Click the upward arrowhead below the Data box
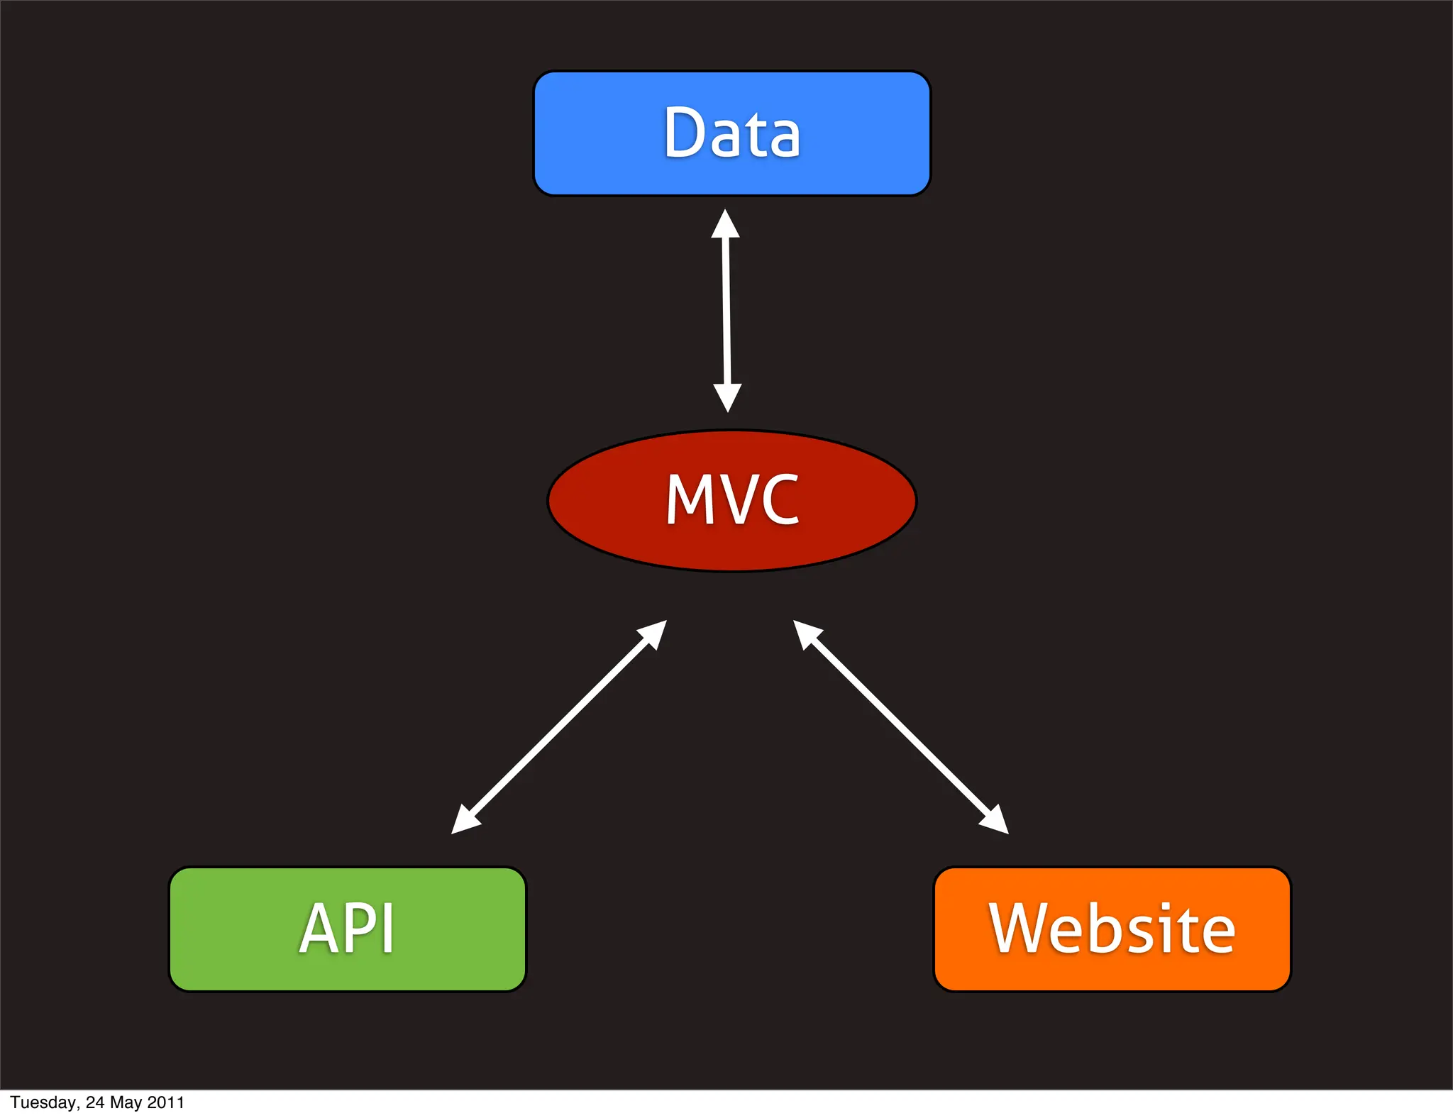click(x=725, y=226)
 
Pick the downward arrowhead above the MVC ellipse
click(x=727, y=396)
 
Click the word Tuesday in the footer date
click(x=43, y=1102)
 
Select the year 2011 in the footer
click(x=165, y=1102)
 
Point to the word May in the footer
click(x=126, y=1102)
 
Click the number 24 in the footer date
click(x=95, y=1102)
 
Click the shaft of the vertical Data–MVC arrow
click(x=726, y=312)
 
